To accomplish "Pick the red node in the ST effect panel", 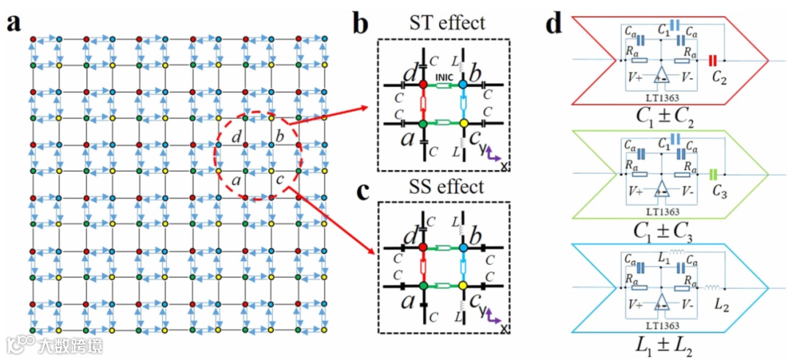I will coord(423,86).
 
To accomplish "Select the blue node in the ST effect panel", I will coord(463,86).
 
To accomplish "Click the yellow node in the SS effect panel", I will coord(463,285).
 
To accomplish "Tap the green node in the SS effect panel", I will coord(423,285).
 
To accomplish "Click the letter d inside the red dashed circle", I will coord(235,137).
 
